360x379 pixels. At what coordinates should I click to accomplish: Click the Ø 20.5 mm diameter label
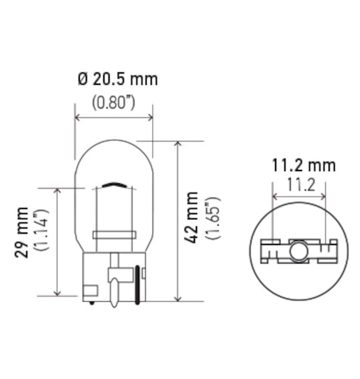pos(117,79)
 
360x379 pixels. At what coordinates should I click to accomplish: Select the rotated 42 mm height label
pos(191,217)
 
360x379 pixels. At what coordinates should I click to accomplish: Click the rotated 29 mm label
pos(22,232)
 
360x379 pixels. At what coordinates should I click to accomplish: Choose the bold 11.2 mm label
pos(304,165)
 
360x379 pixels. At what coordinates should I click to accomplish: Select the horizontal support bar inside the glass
pos(114,235)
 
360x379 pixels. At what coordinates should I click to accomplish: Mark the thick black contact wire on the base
pos(138,284)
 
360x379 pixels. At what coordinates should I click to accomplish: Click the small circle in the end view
pos(299,251)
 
